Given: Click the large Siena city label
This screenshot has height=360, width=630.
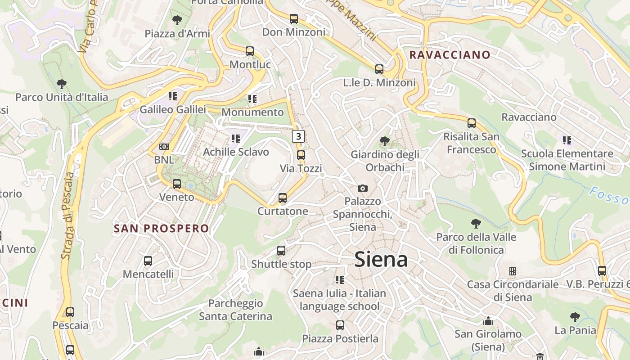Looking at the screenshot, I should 381,260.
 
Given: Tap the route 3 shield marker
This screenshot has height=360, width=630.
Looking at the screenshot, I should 298,136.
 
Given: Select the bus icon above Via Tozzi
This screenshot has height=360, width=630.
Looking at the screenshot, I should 301,155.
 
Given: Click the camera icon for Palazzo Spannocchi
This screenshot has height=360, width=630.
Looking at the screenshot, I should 363,188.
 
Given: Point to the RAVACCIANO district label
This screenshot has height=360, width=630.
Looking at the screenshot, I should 450,55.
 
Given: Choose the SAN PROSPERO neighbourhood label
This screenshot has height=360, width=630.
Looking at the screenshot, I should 162,229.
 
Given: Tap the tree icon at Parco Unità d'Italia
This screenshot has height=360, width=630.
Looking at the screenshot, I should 62,84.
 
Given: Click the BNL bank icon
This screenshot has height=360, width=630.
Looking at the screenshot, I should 164,147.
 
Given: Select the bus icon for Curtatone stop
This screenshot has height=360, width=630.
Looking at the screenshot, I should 283,198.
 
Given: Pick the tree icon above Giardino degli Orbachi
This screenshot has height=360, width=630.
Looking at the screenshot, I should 385,141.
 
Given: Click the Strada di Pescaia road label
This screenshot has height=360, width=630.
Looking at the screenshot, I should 67,216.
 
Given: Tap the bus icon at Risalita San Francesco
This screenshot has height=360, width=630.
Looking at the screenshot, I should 472,123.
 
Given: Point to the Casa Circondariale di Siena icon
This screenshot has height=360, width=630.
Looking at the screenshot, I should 512,271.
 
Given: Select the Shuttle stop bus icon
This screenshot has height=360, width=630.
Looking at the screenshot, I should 281,251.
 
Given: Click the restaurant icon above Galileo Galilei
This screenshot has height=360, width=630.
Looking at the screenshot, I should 173,96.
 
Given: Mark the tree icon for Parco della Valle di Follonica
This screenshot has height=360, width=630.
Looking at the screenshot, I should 476,224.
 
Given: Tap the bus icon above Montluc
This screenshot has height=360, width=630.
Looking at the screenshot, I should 250,51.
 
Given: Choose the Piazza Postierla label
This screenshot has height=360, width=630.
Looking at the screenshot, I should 340,338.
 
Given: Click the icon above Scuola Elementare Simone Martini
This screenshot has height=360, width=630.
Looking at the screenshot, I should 567,140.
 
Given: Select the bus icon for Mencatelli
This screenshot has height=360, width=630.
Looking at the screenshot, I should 148,261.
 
